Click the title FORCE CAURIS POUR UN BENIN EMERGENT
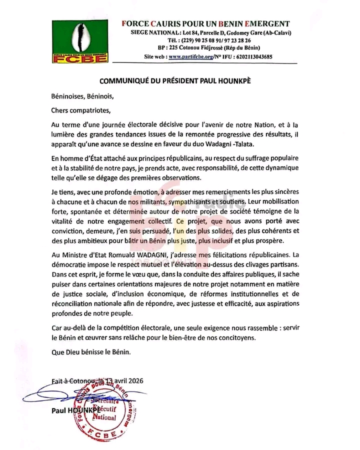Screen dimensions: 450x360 [x=206, y=24]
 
